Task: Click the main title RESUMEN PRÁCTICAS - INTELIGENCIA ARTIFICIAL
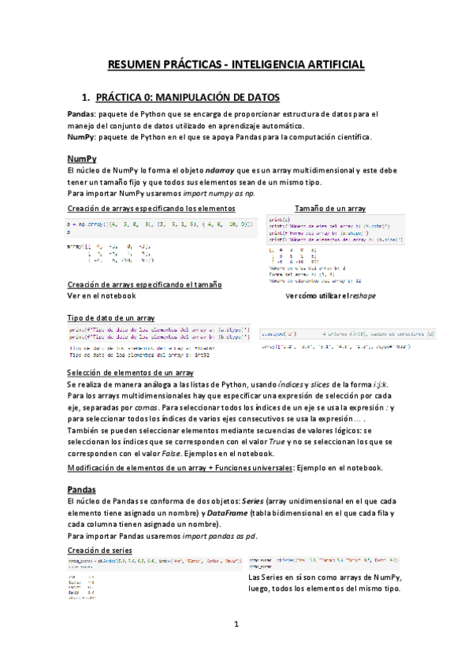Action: (236, 64)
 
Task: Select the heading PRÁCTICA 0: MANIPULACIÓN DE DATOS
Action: (188, 98)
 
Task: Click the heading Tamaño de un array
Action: (329, 208)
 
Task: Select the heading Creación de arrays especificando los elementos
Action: (151, 208)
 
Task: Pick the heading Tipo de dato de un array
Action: (110, 317)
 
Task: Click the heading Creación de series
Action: (100, 548)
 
